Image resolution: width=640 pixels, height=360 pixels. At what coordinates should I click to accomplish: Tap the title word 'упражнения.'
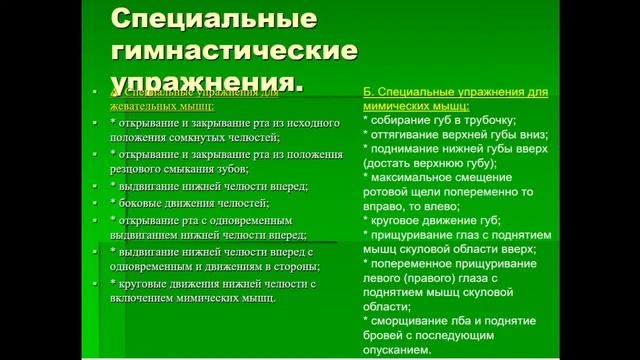[x=206, y=79]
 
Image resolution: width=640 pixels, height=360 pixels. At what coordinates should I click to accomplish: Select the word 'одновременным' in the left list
[x=244, y=219]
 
